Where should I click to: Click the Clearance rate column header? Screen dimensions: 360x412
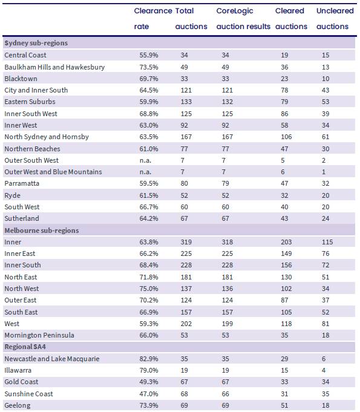[x=153, y=18]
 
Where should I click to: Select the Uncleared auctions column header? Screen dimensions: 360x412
[x=335, y=18]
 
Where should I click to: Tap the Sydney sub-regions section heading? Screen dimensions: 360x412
[x=36, y=43]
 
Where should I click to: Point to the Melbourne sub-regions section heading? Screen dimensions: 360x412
[x=42, y=231]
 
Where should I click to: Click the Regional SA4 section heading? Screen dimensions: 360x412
[x=25, y=347]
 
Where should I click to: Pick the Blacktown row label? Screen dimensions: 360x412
[x=21, y=79]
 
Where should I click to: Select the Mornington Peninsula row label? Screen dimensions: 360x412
[x=39, y=335]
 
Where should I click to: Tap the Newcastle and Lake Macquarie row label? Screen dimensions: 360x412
[x=52, y=359]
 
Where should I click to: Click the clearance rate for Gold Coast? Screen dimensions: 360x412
[x=149, y=382]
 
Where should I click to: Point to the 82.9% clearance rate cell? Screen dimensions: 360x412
[x=149, y=359]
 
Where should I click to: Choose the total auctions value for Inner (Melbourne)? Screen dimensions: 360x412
[x=186, y=242]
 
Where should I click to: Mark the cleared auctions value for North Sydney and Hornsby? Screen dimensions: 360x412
[x=286, y=137]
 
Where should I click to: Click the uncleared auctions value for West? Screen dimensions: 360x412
[x=326, y=324]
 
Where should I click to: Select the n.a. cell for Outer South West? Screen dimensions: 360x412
[x=145, y=160]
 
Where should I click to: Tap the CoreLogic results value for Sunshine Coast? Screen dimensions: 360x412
[x=225, y=394]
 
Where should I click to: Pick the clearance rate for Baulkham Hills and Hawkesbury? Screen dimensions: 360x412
[x=149, y=67]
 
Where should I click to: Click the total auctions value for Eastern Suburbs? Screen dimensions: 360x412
[x=186, y=102]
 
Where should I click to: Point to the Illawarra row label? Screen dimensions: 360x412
[x=18, y=370]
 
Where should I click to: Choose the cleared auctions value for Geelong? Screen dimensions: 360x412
[x=284, y=405]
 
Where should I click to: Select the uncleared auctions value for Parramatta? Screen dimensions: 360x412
[x=326, y=183]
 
